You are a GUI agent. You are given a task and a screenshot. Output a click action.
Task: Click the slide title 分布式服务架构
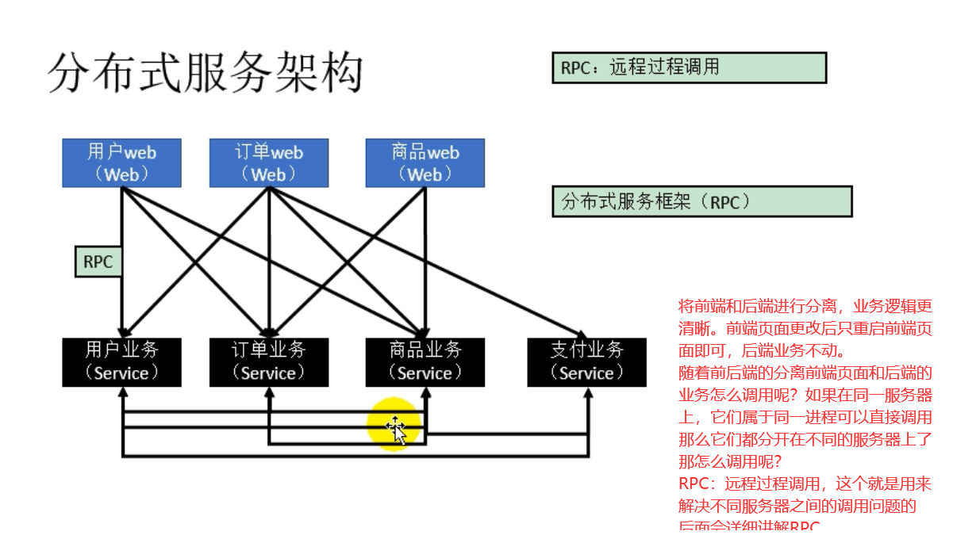[205, 73]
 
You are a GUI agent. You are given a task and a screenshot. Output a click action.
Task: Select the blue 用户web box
[121, 163]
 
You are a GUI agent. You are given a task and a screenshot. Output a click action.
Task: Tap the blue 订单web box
[269, 163]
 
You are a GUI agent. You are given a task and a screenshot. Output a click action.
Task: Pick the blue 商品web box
[425, 163]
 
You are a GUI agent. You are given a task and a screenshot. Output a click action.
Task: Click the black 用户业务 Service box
[121, 362]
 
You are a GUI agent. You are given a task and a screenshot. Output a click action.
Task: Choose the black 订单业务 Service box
[269, 362]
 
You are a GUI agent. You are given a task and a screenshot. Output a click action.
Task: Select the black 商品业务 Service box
[425, 362]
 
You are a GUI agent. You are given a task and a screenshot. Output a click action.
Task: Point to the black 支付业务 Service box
[586, 362]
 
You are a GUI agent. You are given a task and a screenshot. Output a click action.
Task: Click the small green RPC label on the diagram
[98, 262]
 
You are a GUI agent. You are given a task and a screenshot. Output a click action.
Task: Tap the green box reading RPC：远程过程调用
[689, 68]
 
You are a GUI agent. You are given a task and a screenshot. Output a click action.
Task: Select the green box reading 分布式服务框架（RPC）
[701, 202]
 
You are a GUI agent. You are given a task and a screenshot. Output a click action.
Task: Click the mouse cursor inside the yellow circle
[395, 430]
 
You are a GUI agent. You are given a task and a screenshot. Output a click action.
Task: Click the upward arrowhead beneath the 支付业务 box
[587, 394]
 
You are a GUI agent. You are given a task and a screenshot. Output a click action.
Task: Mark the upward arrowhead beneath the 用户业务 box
[122, 394]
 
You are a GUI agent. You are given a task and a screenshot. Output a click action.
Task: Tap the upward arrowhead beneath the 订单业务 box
[269, 394]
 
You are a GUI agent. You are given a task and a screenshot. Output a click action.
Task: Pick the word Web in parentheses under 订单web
[268, 174]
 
